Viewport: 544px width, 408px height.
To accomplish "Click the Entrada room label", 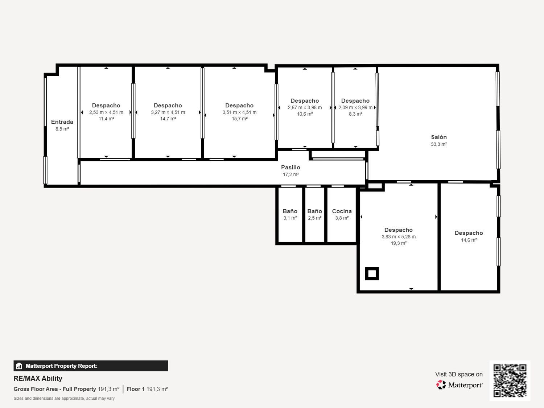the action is (62, 122).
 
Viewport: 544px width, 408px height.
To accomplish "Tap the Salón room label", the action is (439, 137).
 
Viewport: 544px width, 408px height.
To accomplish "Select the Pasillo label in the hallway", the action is (290, 168).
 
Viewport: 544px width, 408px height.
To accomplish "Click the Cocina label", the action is (342, 211).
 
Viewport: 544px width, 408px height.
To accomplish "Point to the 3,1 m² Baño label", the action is (290, 211).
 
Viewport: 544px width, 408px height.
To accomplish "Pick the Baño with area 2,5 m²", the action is (314, 211).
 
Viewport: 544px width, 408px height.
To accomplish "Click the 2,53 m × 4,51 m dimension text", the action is (106, 112).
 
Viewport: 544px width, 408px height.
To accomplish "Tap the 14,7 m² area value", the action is (168, 119).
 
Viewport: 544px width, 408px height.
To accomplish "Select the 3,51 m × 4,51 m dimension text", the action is (239, 112).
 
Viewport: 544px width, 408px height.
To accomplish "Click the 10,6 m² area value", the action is (305, 114).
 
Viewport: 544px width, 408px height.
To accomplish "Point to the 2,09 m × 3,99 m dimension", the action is (355, 107).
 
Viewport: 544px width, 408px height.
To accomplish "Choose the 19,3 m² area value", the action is (399, 243).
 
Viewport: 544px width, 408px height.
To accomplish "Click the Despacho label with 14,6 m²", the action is (469, 233).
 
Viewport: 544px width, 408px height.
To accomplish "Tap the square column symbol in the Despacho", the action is (372, 273).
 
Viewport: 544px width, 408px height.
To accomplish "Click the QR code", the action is (510, 380).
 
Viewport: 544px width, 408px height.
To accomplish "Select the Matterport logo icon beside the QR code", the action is (441, 385).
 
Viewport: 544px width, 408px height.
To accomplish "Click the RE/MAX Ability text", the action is (38, 379).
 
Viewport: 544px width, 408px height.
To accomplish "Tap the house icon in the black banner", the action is (19, 366).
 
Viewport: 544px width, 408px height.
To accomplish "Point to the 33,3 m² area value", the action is (439, 144).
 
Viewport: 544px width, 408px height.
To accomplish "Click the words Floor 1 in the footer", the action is (135, 389).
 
